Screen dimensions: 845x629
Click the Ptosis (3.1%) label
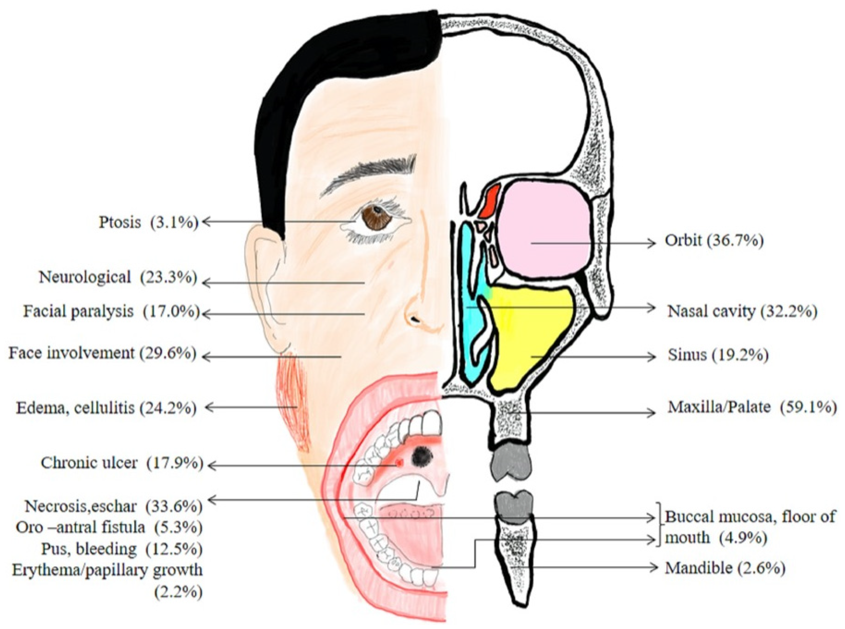(148, 222)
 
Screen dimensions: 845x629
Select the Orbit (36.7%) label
(714, 241)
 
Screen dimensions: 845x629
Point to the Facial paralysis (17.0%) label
(111, 312)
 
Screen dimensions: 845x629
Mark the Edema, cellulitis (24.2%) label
(106, 408)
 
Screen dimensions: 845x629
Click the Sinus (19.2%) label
(718, 355)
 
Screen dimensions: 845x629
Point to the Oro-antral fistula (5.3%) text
(109, 527)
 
